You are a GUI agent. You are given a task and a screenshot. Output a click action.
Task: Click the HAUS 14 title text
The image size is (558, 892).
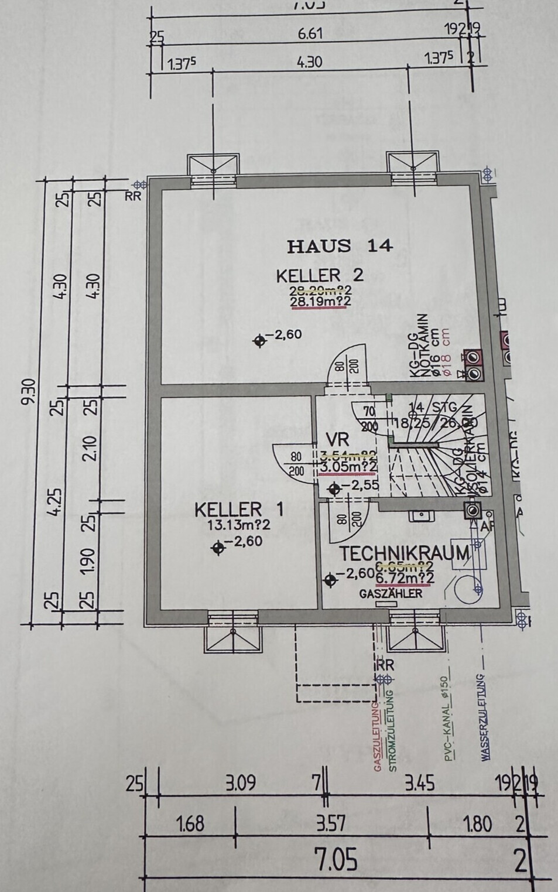click(340, 246)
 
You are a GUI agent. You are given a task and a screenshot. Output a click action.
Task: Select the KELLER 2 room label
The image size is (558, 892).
click(320, 275)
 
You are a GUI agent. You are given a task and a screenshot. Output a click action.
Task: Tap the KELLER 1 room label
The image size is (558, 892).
click(239, 509)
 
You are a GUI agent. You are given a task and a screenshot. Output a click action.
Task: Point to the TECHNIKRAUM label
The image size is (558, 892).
click(405, 553)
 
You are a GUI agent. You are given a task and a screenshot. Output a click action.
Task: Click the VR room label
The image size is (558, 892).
click(338, 439)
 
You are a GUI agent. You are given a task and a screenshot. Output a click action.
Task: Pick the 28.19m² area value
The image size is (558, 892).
click(320, 301)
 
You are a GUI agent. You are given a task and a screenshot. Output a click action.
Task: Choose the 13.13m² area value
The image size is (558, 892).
click(239, 525)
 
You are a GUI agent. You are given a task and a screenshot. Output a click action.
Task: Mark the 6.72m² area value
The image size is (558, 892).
click(404, 578)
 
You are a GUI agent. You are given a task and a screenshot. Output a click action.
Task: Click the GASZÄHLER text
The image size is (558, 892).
click(391, 593)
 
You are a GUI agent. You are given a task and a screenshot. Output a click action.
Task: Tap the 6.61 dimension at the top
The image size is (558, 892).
click(310, 33)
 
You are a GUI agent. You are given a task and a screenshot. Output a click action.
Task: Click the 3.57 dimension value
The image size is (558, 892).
click(331, 823)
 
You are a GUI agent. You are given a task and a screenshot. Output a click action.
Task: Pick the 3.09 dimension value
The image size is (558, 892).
click(241, 783)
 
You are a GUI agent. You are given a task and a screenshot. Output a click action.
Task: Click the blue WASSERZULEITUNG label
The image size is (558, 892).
click(485, 717)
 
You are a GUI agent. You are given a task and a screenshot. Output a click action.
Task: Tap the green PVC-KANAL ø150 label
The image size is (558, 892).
click(446, 719)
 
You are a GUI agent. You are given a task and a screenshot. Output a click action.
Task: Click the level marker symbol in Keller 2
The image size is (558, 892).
click(260, 341)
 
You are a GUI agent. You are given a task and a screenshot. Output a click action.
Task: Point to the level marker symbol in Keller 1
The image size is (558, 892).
click(218, 548)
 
